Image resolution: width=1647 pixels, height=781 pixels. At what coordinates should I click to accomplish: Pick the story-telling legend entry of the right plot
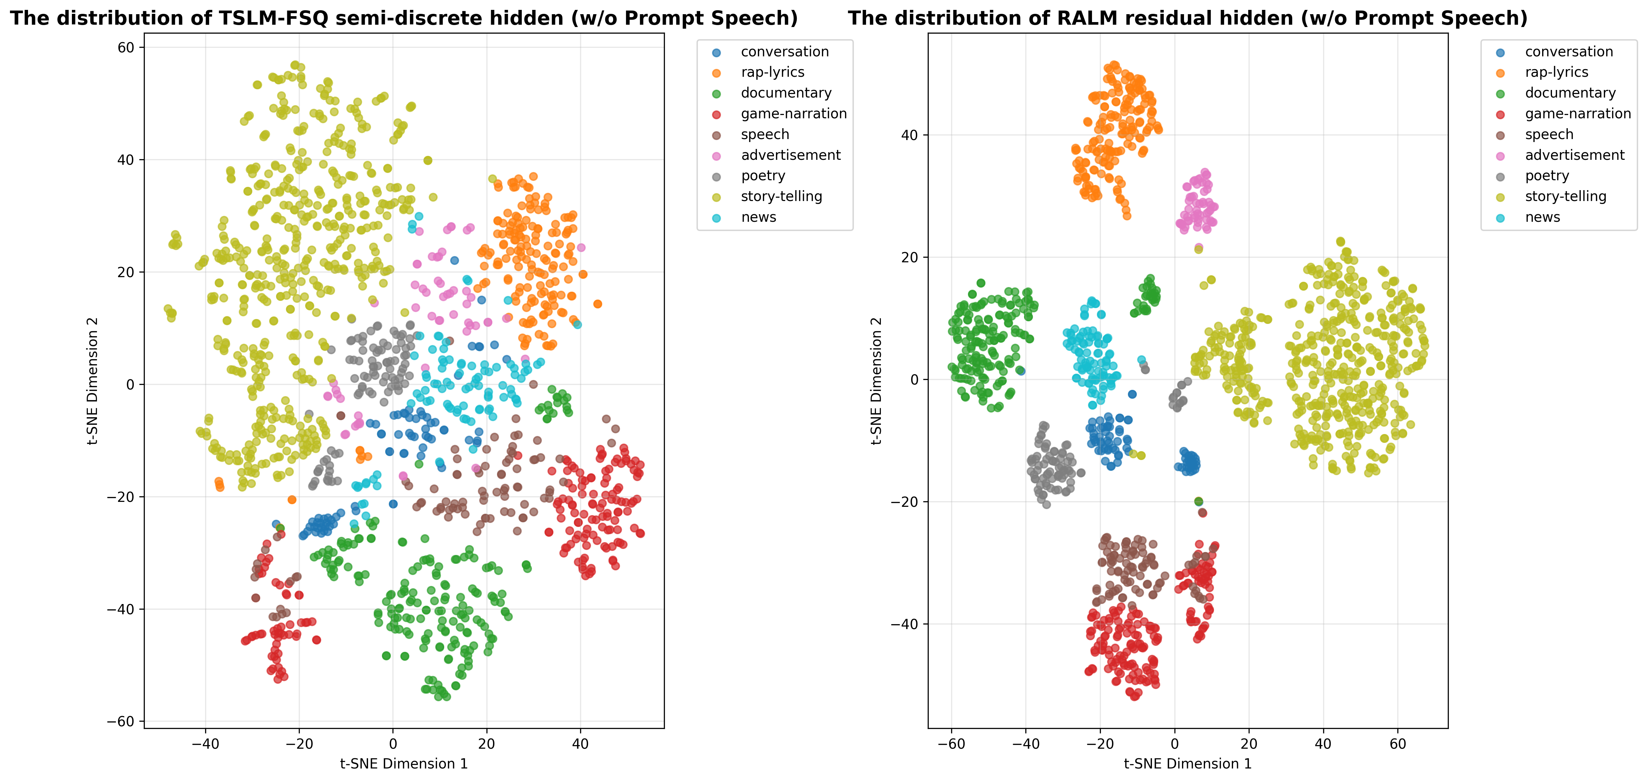tap(1565, 196)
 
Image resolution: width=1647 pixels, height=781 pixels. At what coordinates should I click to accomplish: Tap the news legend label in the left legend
tap(758, 217)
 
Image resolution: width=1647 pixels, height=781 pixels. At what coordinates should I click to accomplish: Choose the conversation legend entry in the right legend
tap(1569, 52)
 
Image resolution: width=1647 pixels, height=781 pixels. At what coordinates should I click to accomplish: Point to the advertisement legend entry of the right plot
tap(1574, 155)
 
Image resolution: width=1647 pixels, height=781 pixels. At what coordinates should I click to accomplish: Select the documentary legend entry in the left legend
tap(786, 93)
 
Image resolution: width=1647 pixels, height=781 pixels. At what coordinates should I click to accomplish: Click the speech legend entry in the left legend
tap(765, 135)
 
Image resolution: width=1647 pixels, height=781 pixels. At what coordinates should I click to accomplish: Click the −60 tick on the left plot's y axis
tap(121, 722)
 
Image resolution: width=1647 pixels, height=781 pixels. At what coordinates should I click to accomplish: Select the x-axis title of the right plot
tap(1187, 764)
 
